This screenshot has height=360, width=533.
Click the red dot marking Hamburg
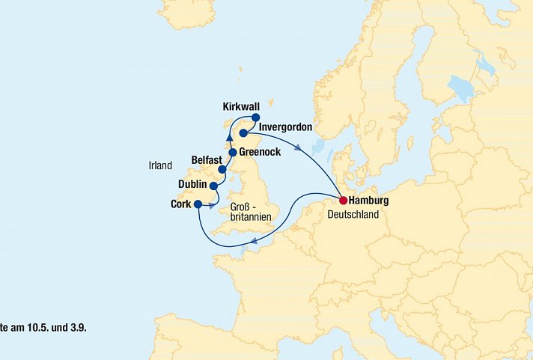pyautogui.click(x=343, y=201)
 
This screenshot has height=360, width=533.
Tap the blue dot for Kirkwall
pyautogui.click(x=255, y=118)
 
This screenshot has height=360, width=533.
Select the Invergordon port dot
pyautogui.click(x=243, y=133)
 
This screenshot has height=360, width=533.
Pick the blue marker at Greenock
pyautogui.click(x=233, y=153)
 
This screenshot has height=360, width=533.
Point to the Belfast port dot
pyautogui.click(x=222, y=169)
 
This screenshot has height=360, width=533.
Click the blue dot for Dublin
pyautogui.click(x=214, y=186)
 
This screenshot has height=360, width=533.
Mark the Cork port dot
pyautogui.click(x=198, y=204)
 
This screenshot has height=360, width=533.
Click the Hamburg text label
pyautogui.click(x=370, y=201)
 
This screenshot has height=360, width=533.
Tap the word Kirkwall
pyautogui.click(x=242, y=107)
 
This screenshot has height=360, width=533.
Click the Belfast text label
pyautogui.click(x=206, y=160)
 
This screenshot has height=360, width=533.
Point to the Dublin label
pyautogui.click(x=193, y=183)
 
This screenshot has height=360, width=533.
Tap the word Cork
pyautogui.click(x=180, y=204)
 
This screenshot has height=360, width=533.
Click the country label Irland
pyautogui.click(x=160, y=165)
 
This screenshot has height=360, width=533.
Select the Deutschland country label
pyautogui.click(x=353, y=215)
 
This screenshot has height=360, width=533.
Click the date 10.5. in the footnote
pyautogui.click(x=46, y=328)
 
